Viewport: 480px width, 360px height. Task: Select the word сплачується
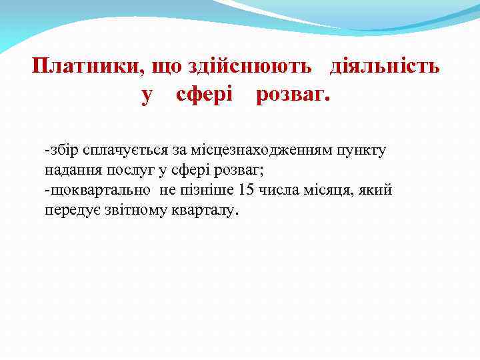pyautogui.click(x=120, y=150)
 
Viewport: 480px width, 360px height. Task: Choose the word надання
pyautogui.click(x=68, y=170)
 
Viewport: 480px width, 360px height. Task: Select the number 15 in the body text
pyautogui.click(x=245, y=191)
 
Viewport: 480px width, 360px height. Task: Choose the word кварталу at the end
pyautogui.click(x=204, y=211)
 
